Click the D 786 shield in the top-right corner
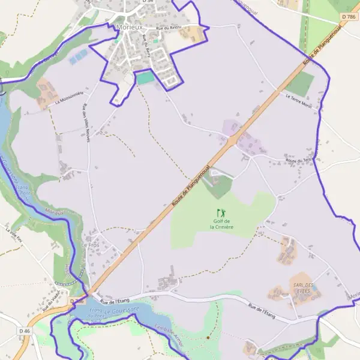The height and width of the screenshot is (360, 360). [349, 17]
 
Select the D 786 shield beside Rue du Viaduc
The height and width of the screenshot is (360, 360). [76, 301]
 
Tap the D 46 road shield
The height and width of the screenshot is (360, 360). [24, 331]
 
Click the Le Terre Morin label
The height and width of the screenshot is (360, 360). [299, 101]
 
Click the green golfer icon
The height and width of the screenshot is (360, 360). [221, 212]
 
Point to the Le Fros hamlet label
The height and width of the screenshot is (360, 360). [89, 246]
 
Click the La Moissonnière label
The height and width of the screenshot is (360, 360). [68, 97]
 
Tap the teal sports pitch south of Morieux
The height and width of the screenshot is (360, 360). [145, 78]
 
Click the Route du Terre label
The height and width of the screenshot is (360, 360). [298, 160]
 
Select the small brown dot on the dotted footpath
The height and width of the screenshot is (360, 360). [208, 337]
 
